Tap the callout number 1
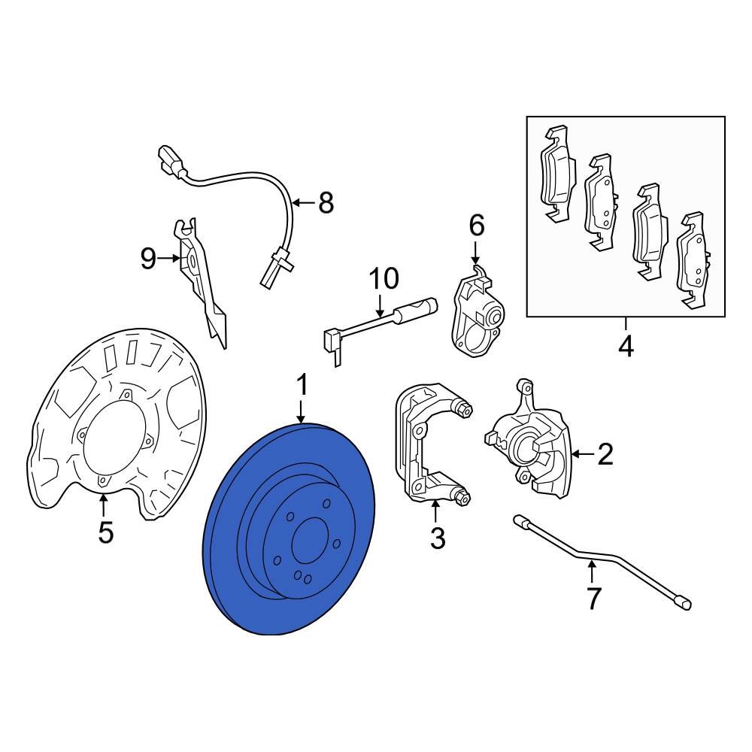click(x=302, y=387)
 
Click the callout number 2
click(x=605, y=453)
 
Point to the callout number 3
click(x=437, y=538)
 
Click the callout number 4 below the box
click(x=626, y=347)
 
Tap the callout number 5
click(x=106, y=532)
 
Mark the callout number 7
click(x=594, y=599)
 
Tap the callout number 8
click(x=325, y=202)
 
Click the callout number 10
click(x=384, y=279)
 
